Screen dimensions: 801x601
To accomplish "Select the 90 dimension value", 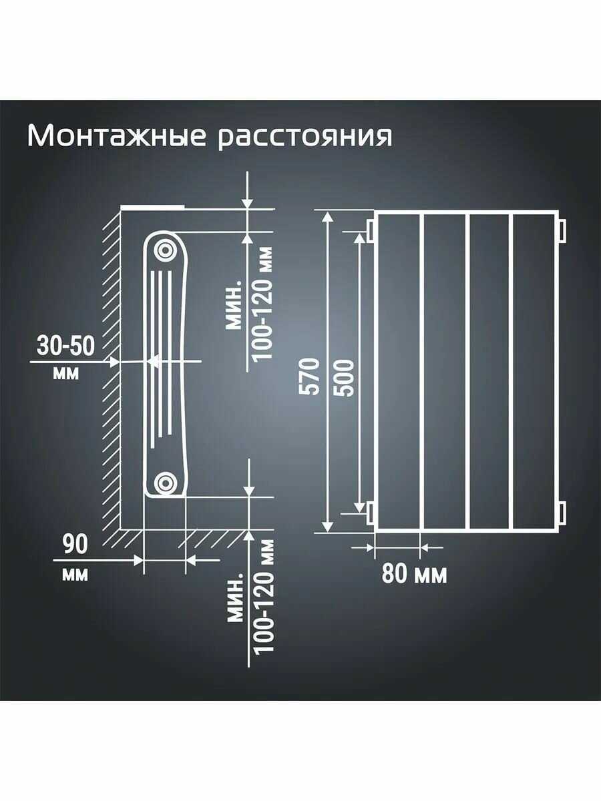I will click(x=75, y=545).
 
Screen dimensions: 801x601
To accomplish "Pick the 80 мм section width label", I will click(x=415, y=573).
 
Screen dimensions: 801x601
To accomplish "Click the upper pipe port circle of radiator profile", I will click(x=164, y=250).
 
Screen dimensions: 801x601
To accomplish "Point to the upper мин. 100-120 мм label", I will click(x=250, y=304).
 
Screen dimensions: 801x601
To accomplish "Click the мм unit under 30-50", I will click(x=65, y=373).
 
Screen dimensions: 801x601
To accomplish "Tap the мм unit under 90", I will click(x=75, y=573).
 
